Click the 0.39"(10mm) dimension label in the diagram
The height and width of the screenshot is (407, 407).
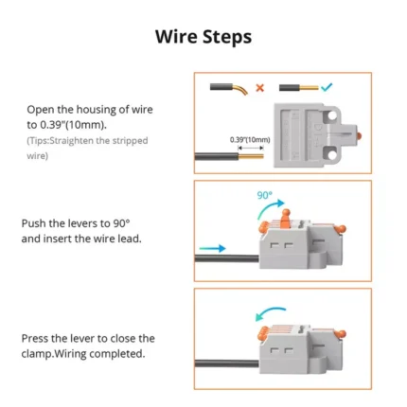point(250,140)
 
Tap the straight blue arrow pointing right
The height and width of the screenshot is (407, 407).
point(213,248)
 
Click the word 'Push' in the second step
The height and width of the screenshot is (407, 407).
point(34,223)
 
